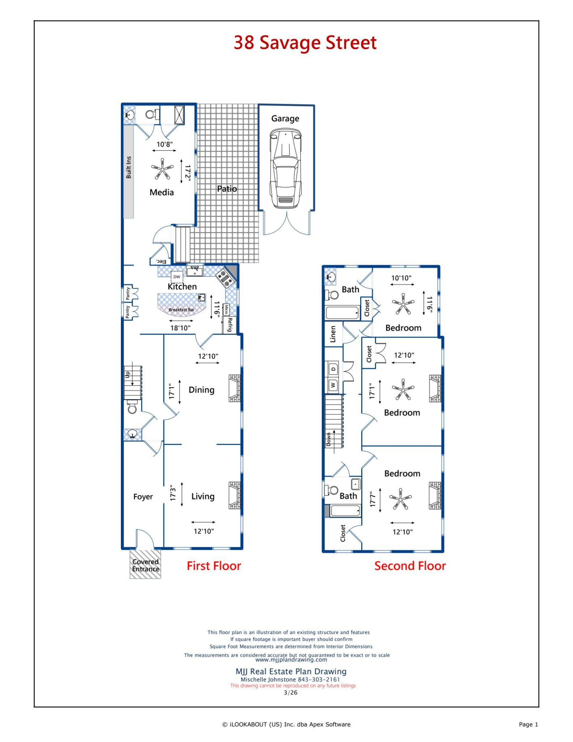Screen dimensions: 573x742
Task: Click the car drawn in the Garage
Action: (x=285, y=168)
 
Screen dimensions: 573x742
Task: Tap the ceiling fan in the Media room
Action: (x=162, y=169)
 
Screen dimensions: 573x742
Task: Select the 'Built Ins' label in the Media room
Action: (x=129, y=167)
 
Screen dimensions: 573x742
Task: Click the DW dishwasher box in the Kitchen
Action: (x=177, y=277)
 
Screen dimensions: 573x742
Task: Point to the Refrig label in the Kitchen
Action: (x=230, y=325)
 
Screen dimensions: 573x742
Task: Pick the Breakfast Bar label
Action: (x=181, y=310)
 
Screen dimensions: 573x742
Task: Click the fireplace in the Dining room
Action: (x=234, y=388)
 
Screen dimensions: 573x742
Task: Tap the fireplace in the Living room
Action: (x=234, y=495)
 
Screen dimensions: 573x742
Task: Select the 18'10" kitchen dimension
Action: (x=180, y=328)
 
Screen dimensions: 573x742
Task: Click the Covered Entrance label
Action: (x=145, y=565)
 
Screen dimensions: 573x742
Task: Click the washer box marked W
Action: (x=333, y=385)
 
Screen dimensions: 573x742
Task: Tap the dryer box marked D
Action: (x=333, y=369)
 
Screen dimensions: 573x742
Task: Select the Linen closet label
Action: (x=333, y=334)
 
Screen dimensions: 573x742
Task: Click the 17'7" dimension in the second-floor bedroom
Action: (x=373, y=500)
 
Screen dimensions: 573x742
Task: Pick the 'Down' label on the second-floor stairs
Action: (x=329, y=439)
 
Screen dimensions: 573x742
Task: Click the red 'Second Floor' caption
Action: (x=410, y=566)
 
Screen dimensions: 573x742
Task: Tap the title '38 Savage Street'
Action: (x=305, y=42)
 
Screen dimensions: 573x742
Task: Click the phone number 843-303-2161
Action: (x=319, y=679)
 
